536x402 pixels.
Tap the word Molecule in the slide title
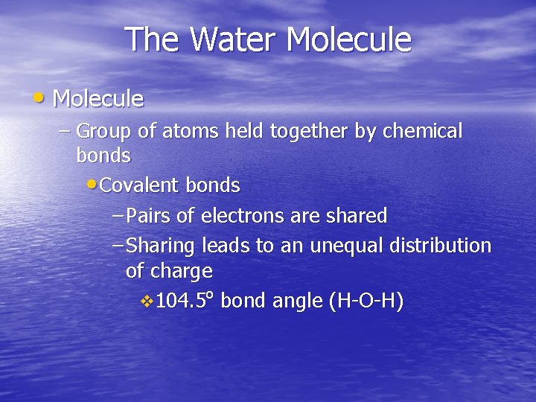pos(349,40)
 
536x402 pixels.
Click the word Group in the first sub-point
pos(104,132)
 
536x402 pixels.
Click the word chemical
pos(422,132)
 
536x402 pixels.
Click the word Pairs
pos(148,216)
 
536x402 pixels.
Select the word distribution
pos(438,246)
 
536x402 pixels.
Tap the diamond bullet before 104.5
pos(147,301)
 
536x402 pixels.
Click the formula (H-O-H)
pos(366,301)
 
